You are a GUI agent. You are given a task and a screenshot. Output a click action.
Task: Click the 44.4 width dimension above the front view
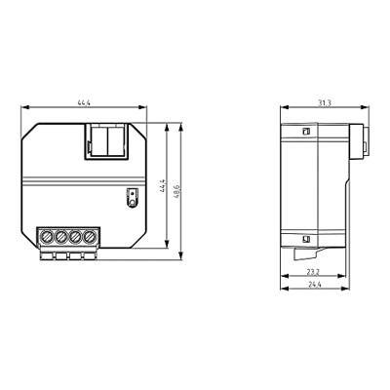click(x=84, y=103)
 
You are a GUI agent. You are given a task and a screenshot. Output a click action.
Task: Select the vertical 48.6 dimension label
click(x=176, y=192)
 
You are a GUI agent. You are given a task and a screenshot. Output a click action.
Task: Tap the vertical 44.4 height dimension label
click(x=163, y=185)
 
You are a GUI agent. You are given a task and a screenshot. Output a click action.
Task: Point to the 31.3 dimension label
click(x=324, y=103)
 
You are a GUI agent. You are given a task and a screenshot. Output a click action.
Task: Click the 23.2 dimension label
click(x=314, y=272)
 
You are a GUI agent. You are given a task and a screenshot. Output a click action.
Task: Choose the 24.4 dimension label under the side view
click(x=315, y=285)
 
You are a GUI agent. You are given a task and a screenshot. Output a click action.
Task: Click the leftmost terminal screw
click(x=47, y=236)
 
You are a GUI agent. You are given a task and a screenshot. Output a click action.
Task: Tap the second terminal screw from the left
click(x=60, y=236)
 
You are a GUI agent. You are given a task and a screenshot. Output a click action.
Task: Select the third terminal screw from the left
click(x=75, y=236)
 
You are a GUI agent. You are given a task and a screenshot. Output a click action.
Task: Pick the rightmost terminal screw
click(x=89, y=236)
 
